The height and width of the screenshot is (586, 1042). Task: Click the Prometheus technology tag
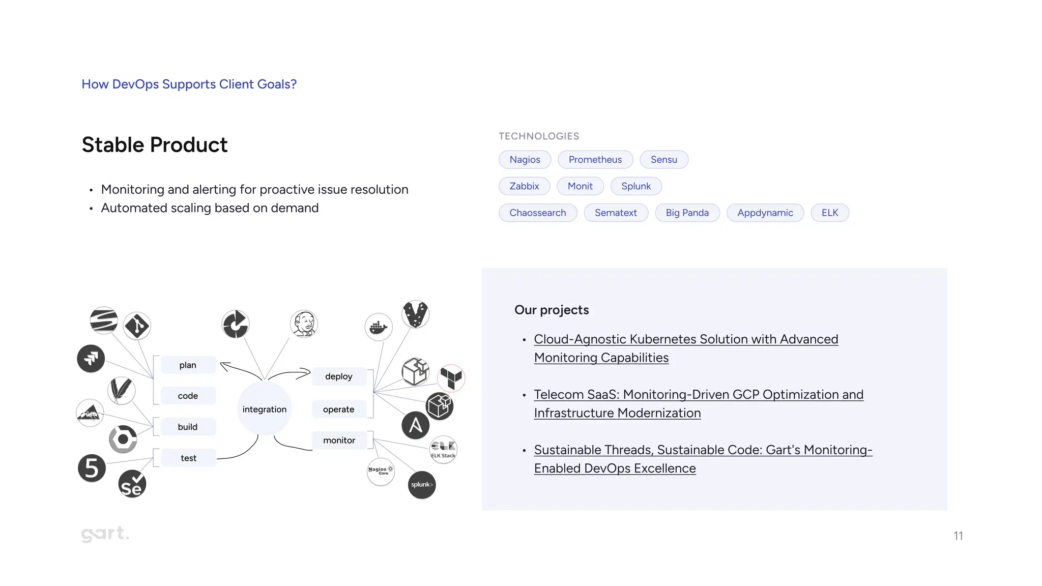click(595, 160)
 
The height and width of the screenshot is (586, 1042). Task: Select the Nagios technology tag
click(525, 160)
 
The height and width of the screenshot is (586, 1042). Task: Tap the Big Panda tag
click(687, 213)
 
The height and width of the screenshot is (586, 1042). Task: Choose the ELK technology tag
click(829, 213)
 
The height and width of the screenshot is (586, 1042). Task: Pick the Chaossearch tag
click(537, 213)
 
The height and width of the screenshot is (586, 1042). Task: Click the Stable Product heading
click(155, 145)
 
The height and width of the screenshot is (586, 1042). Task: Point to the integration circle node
click(264, 409)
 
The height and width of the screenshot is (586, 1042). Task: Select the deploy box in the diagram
click(338, 376)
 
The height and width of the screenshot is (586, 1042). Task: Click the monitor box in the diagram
click(339, 441)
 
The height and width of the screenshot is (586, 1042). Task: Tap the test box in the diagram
click(188, 458)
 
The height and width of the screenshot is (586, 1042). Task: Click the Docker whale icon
click(379, 327)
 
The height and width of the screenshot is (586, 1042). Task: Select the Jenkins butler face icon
click(304, 324)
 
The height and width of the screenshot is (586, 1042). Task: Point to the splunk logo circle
click(422, 485)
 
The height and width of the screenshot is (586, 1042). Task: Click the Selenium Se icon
click(132, 484)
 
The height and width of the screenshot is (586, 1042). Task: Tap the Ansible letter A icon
click(415, 425)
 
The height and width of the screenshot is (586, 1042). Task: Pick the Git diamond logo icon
click(137, 326)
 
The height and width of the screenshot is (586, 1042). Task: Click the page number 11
click(958, 536)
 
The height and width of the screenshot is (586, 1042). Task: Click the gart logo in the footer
click(105, 534)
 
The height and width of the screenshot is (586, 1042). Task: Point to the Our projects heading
click(552, 310)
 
